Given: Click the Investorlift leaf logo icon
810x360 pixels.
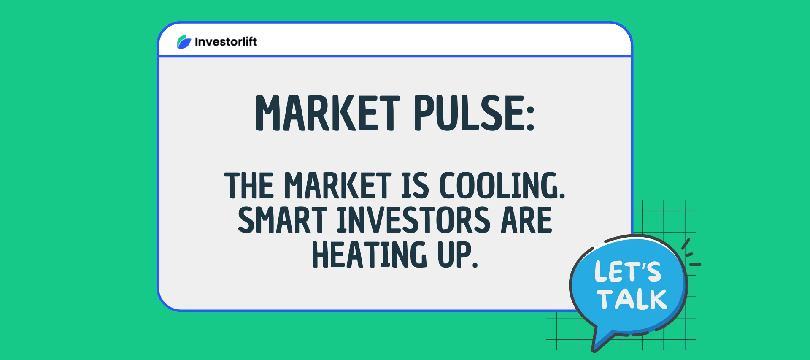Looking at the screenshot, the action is pyautogui.click(x=184, y=42).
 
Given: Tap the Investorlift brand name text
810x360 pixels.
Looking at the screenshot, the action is pyautogui.click(x=226, y=42).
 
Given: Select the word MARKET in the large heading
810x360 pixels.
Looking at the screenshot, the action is pyautogui.click(x=328, y=113).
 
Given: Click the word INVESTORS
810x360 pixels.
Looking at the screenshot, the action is pyautogui.click(x=413, y=220).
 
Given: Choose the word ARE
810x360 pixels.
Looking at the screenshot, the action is pyautogui.click(x=526, y=220).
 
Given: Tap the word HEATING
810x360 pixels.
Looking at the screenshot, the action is pyautogui.click(x=369, y=254).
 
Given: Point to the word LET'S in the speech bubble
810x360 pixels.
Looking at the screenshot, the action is pyautogui.click(x=628, y=271).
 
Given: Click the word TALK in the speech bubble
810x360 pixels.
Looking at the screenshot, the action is pyautogui.click(x=632, y=299).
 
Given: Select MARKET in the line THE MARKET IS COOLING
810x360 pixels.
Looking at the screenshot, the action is pyautogui.click(x=338, y=185).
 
